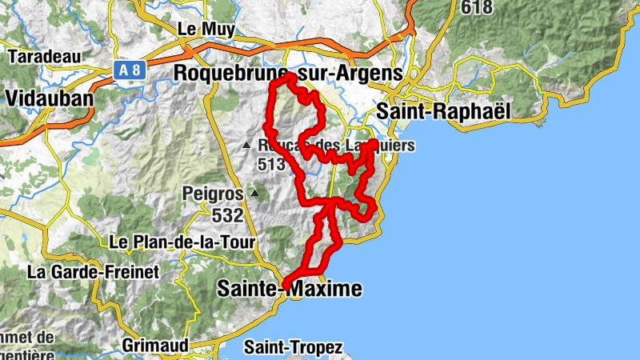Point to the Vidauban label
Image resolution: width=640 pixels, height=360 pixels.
(49, 98)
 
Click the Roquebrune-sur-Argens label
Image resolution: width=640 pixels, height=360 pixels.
(287, 73)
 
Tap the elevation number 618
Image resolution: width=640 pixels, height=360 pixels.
(476, 8)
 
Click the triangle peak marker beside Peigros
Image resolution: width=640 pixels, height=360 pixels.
(254, 193)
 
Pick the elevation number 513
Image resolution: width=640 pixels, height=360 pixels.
(272, 164)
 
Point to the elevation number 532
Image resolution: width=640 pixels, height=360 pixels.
(227, 214)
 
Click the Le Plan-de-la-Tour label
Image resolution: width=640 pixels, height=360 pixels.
(182, 242)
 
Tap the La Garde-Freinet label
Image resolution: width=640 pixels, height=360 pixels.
(93, 271)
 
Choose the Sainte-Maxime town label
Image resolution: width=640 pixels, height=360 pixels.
(289, 289)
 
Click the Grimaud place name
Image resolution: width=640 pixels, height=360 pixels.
(157, 346)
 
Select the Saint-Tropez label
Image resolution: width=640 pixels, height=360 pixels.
(294, 348)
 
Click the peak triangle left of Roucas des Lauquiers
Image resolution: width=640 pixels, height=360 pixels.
(247, 145)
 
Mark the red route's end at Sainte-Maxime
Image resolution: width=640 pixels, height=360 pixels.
(286, 283)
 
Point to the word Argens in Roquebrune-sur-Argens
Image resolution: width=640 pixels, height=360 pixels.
(368, 73)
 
